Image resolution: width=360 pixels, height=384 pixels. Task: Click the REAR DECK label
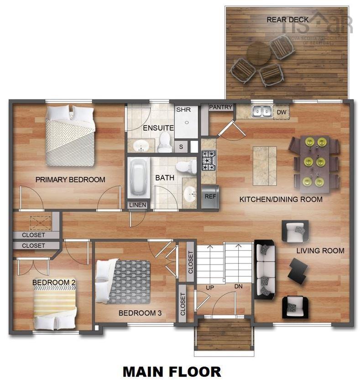pyautogui.click(x=287, y=20)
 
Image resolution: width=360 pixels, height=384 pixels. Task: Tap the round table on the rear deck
pyautogui.click(x=259, y=54)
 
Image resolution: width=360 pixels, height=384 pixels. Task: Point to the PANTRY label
pyautogui.click(x=221, y=107)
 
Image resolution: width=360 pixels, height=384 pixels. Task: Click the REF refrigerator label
pyautogui.click(x=210, y=197)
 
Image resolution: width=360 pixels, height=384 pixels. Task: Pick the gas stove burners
pyautogui.click(x=209, y=160)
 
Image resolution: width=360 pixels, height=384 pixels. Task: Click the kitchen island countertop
pyautogui.click(x=265, y=165)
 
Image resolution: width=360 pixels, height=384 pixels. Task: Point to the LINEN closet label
pyautogui.click(x=138, y=205)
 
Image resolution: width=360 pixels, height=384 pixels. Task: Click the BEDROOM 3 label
pyautogui.click(x=140, y=313)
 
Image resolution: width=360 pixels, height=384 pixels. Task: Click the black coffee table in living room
pyautogui.click(x=299, y=270)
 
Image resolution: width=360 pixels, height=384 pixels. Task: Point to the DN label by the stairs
pyautogui.click(x=238, y=286)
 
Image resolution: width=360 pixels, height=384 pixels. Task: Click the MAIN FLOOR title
pyautogui.click(x=172, y=371)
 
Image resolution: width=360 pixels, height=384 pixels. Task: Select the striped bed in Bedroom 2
pyautogui.click(x=55, y=310)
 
